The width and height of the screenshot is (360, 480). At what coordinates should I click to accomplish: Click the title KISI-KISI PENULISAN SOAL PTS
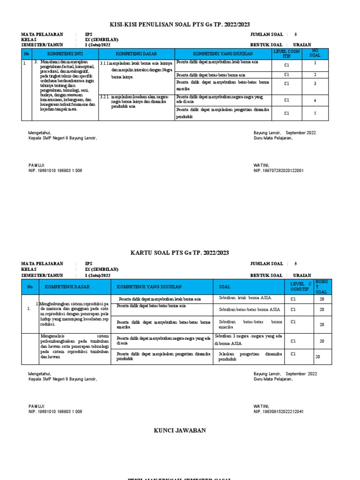[180, 24]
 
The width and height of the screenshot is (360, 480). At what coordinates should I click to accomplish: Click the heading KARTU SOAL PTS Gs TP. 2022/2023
[180, 253]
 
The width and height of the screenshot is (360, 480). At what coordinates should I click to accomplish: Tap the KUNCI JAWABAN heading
[180, 430]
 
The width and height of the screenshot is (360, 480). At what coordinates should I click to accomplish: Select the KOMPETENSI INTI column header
[65, 54]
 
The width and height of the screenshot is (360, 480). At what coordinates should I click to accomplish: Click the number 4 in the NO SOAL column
[315, 100]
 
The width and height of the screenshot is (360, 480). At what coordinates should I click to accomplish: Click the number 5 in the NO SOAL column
[315, 113]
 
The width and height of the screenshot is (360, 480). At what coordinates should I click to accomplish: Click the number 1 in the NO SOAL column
[315, 62]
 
